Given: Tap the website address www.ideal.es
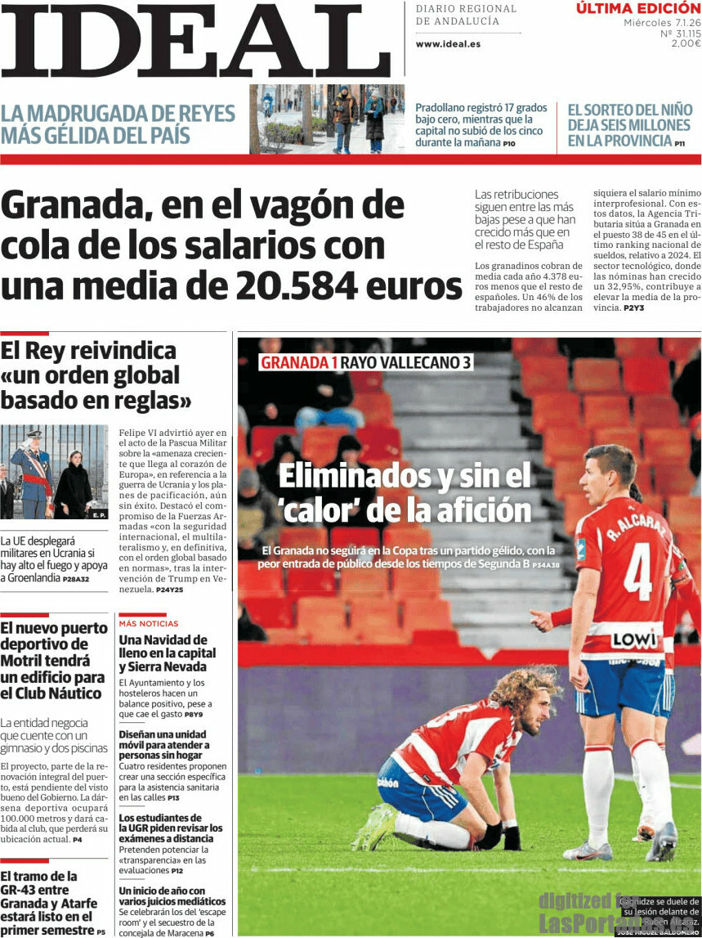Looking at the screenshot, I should (x=448, y=44).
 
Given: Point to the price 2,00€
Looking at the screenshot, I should (x=686, y=43).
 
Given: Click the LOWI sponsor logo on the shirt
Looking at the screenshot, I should (x=634, y=640).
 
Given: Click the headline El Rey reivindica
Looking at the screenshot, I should (x=88, y=351).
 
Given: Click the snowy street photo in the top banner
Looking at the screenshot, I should (x=327, y=119).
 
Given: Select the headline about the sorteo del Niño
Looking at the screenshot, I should (x=628, y=124).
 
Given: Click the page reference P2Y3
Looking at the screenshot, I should (x=633, y=308).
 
